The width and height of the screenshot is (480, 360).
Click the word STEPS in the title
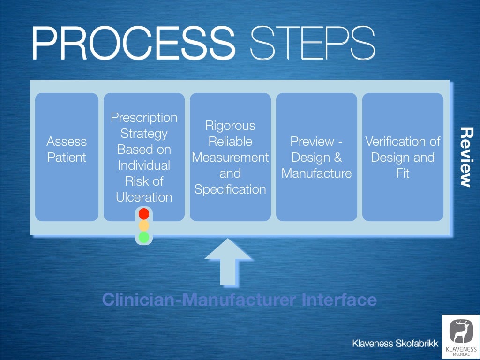(313, 43)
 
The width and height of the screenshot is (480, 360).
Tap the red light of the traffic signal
(144, 214)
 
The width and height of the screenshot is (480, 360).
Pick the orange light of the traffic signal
(144, 225)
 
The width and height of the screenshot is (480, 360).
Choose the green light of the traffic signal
(144, 237)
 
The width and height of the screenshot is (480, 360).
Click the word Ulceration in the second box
(144, 197)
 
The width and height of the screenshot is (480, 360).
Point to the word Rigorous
(230, 126)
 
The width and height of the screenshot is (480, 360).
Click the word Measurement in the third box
(230, 157)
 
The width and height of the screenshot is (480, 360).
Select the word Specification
(230, 189)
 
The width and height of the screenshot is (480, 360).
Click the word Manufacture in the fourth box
(316, 173)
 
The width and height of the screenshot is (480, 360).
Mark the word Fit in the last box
(403, 173)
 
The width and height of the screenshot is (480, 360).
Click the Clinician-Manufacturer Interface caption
(239, 300)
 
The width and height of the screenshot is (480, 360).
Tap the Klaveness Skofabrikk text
(395, 344)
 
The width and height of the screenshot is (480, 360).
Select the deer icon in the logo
(460, 331)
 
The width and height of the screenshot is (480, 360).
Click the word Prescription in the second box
(144, 118)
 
